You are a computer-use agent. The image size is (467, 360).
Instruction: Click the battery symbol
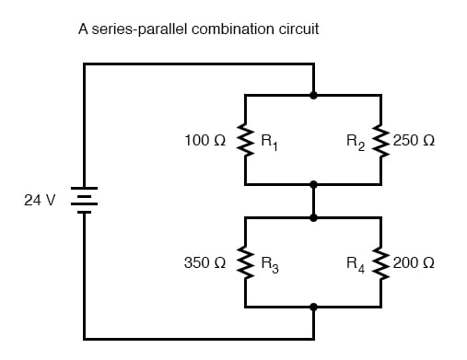(85, 200)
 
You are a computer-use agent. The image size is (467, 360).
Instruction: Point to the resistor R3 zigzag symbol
(246, 262)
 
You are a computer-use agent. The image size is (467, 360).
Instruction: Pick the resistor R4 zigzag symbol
(380, 262)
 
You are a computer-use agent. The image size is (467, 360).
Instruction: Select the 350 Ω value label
(205, 263)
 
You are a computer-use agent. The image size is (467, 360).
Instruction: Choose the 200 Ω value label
(414, 263)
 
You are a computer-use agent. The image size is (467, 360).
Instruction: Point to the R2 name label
(357, 143)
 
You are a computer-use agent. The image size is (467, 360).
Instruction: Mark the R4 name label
(357, 265)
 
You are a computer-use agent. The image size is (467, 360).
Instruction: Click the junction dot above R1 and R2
(313, 94)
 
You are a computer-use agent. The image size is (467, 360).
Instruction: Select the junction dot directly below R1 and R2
(313, 185)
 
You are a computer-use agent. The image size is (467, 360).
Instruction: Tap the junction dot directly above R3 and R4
(313, 217)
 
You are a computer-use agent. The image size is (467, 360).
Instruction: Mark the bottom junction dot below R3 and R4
(313, 308)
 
